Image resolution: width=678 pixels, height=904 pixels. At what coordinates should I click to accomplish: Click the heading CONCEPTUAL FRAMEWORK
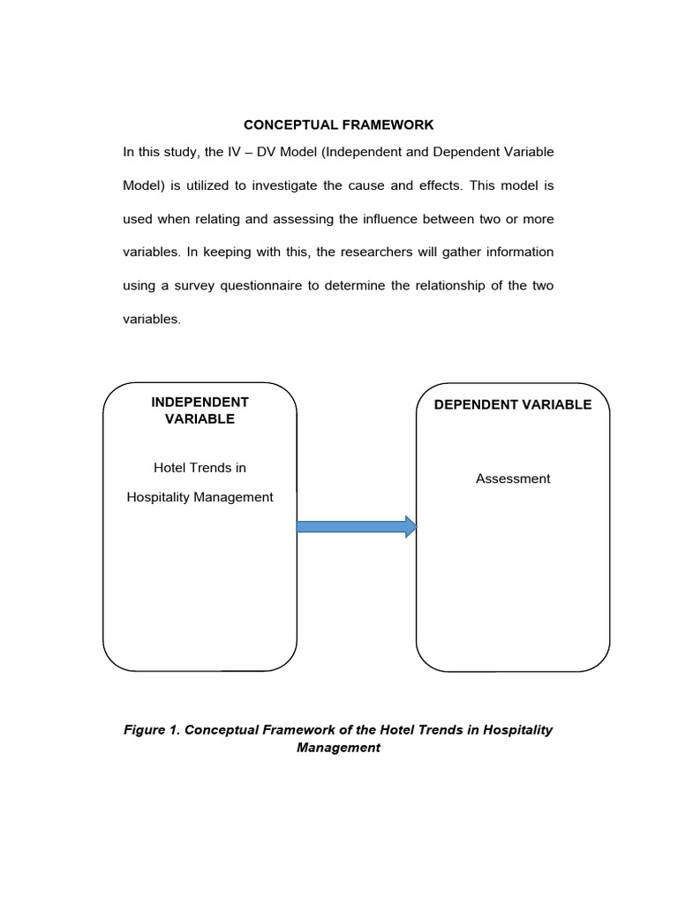click(339, 125)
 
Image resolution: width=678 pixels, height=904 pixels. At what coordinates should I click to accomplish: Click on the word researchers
click(359, 252)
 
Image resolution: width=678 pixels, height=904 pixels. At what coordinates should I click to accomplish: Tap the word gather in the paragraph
click(448, 252)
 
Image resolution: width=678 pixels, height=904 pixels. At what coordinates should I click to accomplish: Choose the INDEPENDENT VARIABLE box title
click(200, 411)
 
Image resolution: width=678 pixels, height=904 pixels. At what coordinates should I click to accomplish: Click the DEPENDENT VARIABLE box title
click(513, 404)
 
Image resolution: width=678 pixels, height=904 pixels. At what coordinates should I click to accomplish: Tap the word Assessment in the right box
click(513, 478)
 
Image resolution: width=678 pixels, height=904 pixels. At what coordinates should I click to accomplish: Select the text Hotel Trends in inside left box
click(200, 467)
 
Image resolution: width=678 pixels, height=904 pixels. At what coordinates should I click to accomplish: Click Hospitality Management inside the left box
click(200, 497)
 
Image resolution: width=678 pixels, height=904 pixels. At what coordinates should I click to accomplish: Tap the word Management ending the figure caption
click(339, 748)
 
